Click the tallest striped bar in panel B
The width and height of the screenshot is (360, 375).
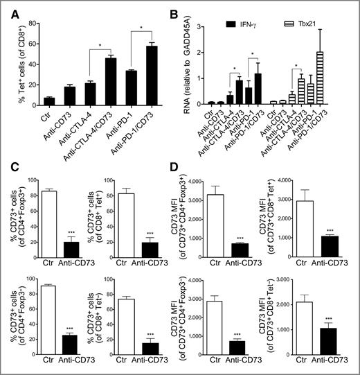click(339, 77)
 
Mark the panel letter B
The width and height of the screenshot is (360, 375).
click(191, 8)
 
